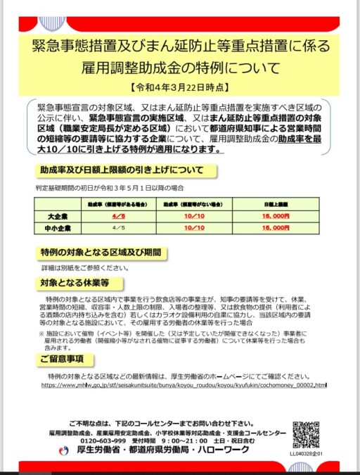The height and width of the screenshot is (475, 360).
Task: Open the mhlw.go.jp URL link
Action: (x=184, y=386)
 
